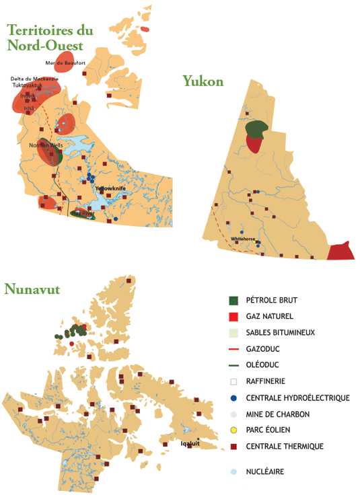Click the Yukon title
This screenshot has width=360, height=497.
tap(203, 81)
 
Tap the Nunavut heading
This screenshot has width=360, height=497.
tap(32, 289)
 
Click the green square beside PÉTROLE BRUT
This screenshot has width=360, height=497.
tap(233, 300)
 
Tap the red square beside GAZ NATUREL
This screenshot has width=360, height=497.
tap(233, 316)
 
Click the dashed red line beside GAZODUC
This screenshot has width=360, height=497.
tap(233, 349)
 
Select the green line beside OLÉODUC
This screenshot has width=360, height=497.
tap(233, 365)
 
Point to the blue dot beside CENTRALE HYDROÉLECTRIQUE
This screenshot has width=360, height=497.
tap(233, 397)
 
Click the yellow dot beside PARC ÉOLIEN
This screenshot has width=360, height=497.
tap(233, 430)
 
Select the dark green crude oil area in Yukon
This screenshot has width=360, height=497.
tap(256, 128)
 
